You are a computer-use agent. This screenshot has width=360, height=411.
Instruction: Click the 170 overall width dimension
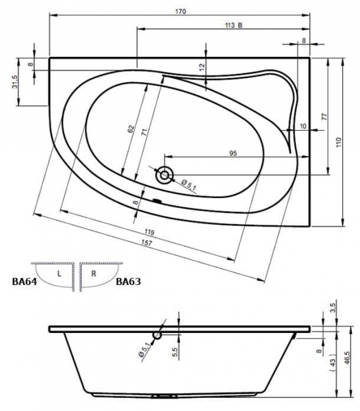tap(181, 11)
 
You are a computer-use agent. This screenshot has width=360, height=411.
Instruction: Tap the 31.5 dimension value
tap(14, 82)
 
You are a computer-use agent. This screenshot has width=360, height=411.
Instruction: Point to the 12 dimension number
tap(202, 68)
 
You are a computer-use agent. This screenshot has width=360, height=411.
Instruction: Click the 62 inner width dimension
tap(131, 129)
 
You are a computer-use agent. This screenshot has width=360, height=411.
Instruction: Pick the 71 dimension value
tap(144, 132)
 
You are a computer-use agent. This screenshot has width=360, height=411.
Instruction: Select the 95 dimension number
tap(233, 153)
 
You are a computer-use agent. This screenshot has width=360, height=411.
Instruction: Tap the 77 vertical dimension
tap(324, 116)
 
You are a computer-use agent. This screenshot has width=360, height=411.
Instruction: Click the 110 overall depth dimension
tap(339, 142)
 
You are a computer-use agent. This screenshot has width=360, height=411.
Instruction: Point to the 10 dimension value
tap(303, 126)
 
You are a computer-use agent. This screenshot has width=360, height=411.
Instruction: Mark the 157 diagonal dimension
tap(147, 242)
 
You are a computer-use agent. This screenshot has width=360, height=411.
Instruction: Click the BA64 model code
tap(25, 282)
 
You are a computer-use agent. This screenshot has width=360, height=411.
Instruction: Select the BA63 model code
tap(128, 282)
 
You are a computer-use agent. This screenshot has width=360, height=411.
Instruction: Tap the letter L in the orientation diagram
tap(60, 274)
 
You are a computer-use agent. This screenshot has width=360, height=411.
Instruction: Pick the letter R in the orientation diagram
tap(94, 273)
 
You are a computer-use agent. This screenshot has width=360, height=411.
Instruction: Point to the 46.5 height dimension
tap(347, 358)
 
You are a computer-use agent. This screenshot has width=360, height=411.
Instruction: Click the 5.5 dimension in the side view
tap(175, 352)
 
